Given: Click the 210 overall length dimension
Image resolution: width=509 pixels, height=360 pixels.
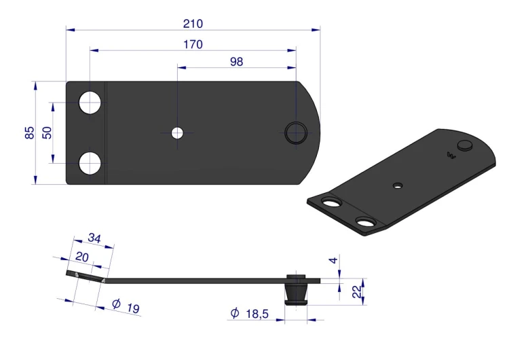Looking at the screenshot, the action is [x=193, y=24].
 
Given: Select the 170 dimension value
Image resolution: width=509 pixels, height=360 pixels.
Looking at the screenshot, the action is [x=193, y=44].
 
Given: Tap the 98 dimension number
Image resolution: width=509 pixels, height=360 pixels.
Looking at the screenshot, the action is [x=236, y=61].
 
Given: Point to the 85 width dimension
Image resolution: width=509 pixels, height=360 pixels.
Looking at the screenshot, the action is [x=29, y=132].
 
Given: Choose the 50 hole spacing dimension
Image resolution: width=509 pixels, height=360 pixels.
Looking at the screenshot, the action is [x=47, y=132].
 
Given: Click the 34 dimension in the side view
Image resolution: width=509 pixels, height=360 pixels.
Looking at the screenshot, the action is [x=94, y=238].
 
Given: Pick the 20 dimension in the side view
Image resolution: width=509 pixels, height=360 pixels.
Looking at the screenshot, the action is [x=82, y=257].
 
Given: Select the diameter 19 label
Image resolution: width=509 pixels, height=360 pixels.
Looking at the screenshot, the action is [x=126, y=306].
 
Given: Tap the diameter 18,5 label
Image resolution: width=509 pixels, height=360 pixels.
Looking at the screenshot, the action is [x=250, y=314].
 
